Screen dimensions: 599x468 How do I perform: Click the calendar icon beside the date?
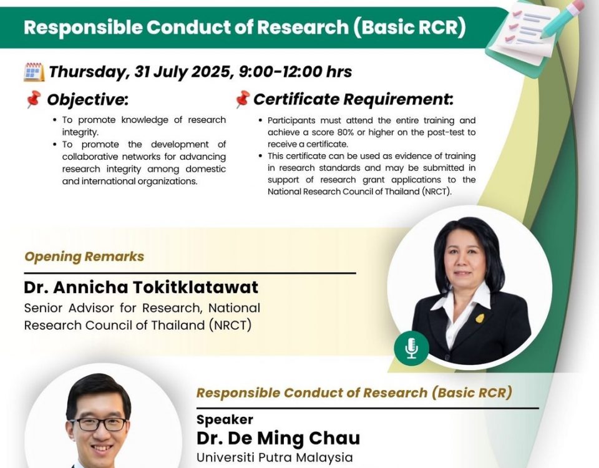pos(34,72)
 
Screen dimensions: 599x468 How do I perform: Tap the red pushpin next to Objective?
pos(34,99)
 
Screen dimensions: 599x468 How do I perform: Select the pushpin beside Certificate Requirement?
pos(242,99)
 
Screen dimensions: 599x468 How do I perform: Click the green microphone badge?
pos(411,348)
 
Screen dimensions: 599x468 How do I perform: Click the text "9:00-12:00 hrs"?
pos(295,72)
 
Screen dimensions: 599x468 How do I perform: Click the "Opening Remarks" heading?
pos(84,256)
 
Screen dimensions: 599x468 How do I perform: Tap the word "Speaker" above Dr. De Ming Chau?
pos(225,419)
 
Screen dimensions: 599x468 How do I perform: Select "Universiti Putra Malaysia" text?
pos(275,457)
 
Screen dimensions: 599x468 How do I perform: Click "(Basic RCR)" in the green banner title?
pos(409,27)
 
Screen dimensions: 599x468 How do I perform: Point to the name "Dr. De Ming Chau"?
pos(278,438)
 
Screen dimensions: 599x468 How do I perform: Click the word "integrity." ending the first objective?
pos(80,132)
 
